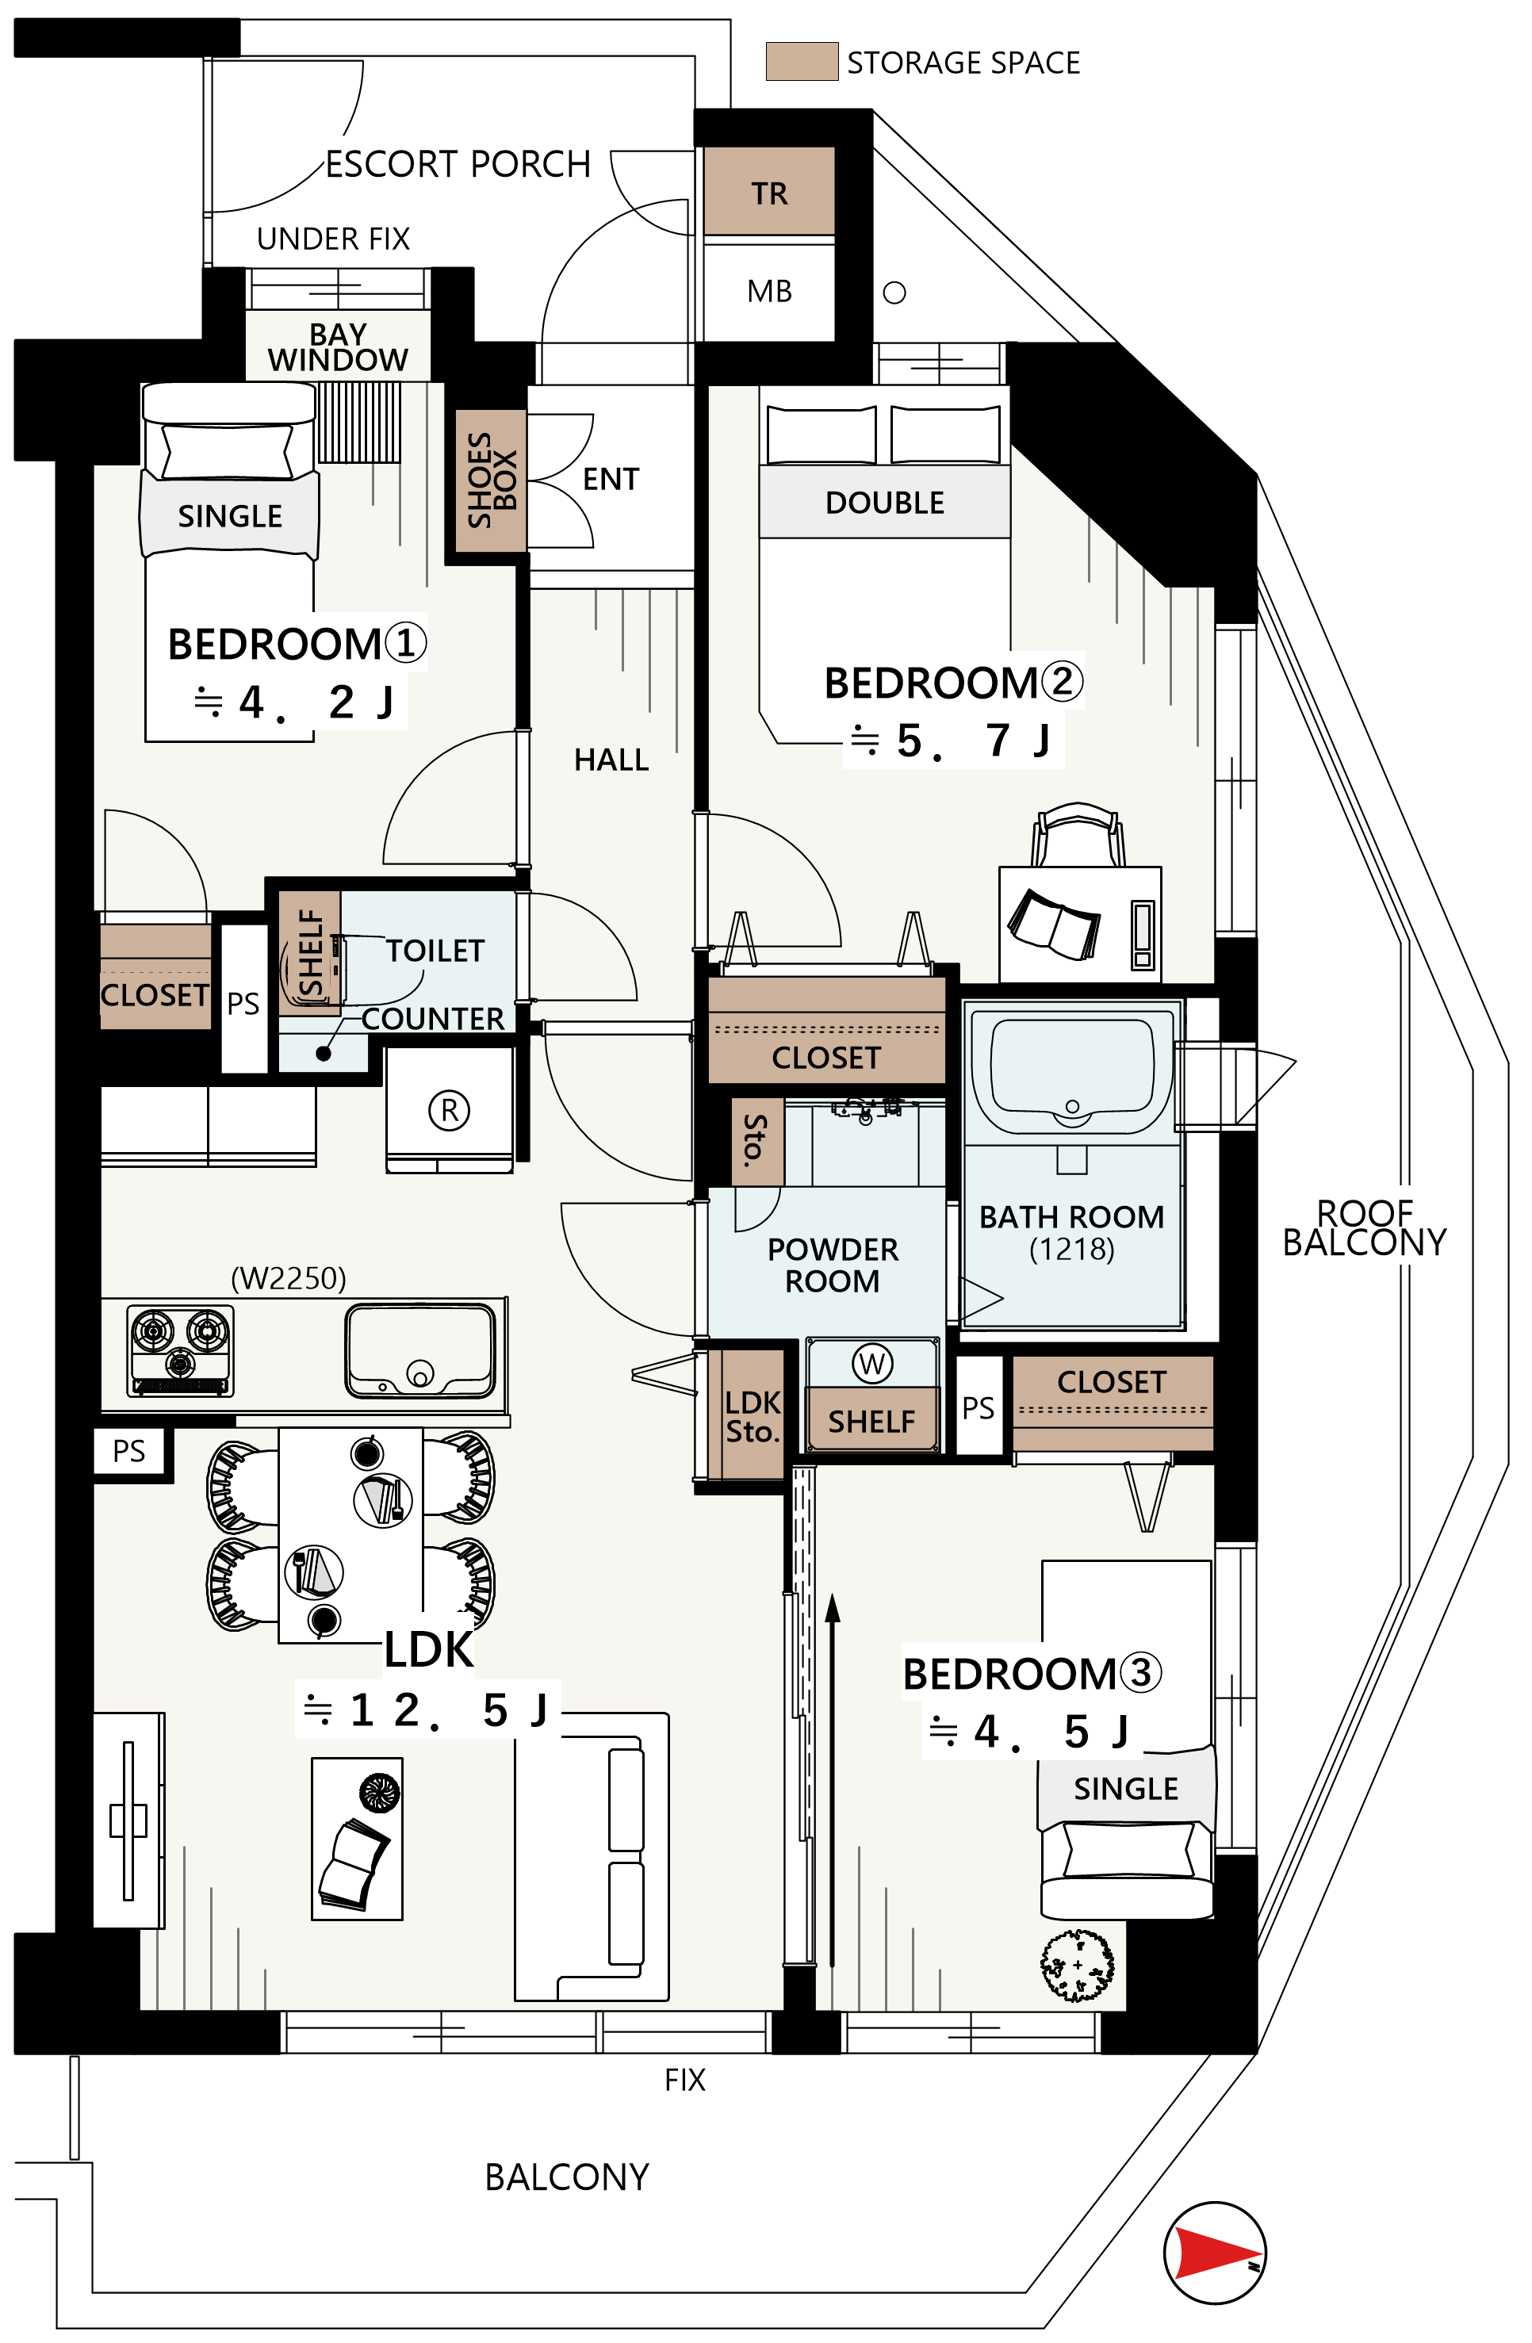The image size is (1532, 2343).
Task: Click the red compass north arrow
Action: pyautogui.click(x=1218, y=2253)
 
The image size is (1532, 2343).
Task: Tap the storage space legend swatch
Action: pyautogui.click(x=802, y=61)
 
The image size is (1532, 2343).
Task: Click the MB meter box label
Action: pyautogui.click(x=769, y=292)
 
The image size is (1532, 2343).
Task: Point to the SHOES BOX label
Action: pyautogui.click(x=492, y=480)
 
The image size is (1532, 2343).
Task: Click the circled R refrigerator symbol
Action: pyautogui.click(x=449, y=1111)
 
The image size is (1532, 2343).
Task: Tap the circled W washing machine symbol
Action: pyautogui.click(x=871, y=1364)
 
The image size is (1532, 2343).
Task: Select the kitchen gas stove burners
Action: pyautogui.click(x=180, y=1350)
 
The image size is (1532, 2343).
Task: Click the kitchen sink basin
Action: pyautogui.click(x=420, y=1350)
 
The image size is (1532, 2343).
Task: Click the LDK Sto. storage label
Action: pyautogui.click(x=753, y=1417)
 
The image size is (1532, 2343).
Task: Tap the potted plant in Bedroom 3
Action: pyautogui.click(x=1077, y=1965)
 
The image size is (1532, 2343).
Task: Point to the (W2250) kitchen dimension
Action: pyautogui.click(x=289, y=1278)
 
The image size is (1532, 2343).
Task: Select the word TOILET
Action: pyautogui.click(x=435, y=951)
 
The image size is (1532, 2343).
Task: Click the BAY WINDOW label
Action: pyautogui.click(x=338, y=347)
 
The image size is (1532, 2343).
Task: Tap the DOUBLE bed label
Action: pyautogui.click(x=884, y=503)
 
